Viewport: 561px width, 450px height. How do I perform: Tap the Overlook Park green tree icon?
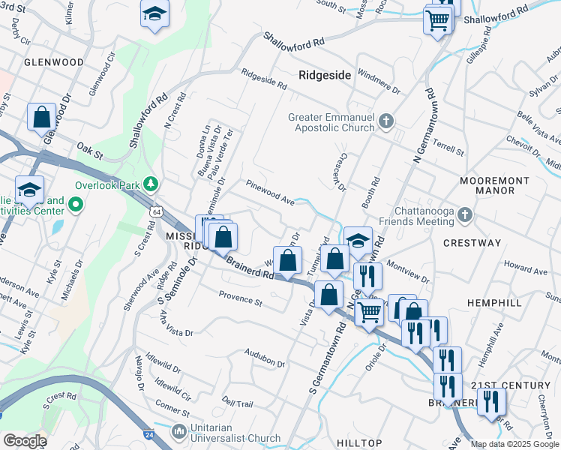[151, 184]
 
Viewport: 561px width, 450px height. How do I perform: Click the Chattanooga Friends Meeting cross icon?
[465, 215]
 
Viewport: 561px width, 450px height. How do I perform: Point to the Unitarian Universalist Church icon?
[179, 432]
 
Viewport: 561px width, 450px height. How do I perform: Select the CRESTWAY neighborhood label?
[472, 243]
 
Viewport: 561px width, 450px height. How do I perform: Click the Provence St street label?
[240, 301]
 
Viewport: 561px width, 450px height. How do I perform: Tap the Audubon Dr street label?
[265, 358]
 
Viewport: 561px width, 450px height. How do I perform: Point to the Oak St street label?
[89, 152]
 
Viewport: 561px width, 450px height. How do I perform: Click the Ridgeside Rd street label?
[264, 80]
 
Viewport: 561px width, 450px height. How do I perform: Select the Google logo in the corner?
[25, 441]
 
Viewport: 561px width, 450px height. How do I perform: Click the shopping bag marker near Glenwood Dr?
[41, 118]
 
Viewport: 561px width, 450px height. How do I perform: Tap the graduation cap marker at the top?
[155, 14]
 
